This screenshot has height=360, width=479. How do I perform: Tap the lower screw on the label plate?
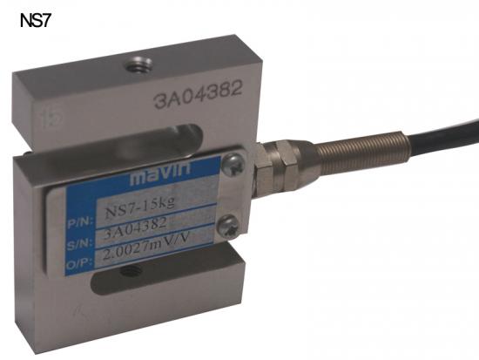pos(228,227)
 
